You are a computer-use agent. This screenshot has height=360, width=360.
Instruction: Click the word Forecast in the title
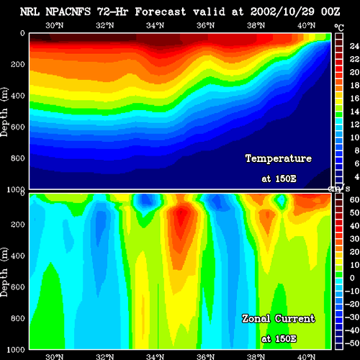click(161, 12)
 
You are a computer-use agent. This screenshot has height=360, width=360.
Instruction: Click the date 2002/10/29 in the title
click(282, 12)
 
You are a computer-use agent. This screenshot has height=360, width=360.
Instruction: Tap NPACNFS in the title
click(68, 12)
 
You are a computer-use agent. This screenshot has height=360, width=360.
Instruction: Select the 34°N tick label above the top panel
click(156, 25)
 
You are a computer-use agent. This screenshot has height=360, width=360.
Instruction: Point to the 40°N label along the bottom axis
click(307, 356)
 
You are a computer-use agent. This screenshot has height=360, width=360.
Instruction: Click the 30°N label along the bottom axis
click(55, 356)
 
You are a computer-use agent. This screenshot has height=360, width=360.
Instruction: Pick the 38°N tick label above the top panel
click(256, 25)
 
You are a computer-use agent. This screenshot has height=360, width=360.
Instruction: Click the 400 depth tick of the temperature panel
click(18, 96)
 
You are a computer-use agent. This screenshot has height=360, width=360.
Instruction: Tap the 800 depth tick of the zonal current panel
click(18, 318)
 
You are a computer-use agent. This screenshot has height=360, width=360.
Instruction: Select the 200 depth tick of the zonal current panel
click(18, 225)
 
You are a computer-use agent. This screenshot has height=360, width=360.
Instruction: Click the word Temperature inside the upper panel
click(279, 158)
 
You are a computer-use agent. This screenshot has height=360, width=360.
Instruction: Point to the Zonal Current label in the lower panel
click(279, 319)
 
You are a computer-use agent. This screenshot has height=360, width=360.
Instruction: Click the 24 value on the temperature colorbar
click(354, 46)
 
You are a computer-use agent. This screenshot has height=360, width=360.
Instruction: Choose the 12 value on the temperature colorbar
click(354, 125)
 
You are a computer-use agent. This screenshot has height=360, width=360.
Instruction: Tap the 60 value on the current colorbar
click(354, 199)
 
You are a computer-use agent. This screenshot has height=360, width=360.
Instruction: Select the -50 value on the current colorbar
click(352, 343)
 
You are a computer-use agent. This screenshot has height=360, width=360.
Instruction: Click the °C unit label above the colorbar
click(339, 28)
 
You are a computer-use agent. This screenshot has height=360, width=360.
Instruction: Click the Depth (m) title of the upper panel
click(4, 112)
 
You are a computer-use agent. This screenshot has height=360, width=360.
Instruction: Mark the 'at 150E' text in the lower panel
click(279, 339)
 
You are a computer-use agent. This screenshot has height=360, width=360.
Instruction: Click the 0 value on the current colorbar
click(352, 278)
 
